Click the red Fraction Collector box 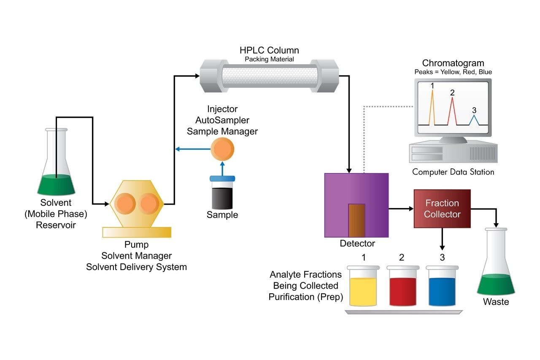tap(442, 208)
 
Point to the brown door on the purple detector tap(356, 220)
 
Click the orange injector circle tap(222, 149)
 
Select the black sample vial tap(222, 194)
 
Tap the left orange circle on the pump tap(125, 203)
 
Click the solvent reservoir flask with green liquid tap(56, 169)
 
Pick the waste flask tap(496, 266)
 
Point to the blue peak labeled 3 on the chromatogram tap(474, 119)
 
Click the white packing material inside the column tap(269, 76)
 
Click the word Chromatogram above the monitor tap(453, 63)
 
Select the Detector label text tap(357, 244)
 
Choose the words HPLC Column tap(269, 50)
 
